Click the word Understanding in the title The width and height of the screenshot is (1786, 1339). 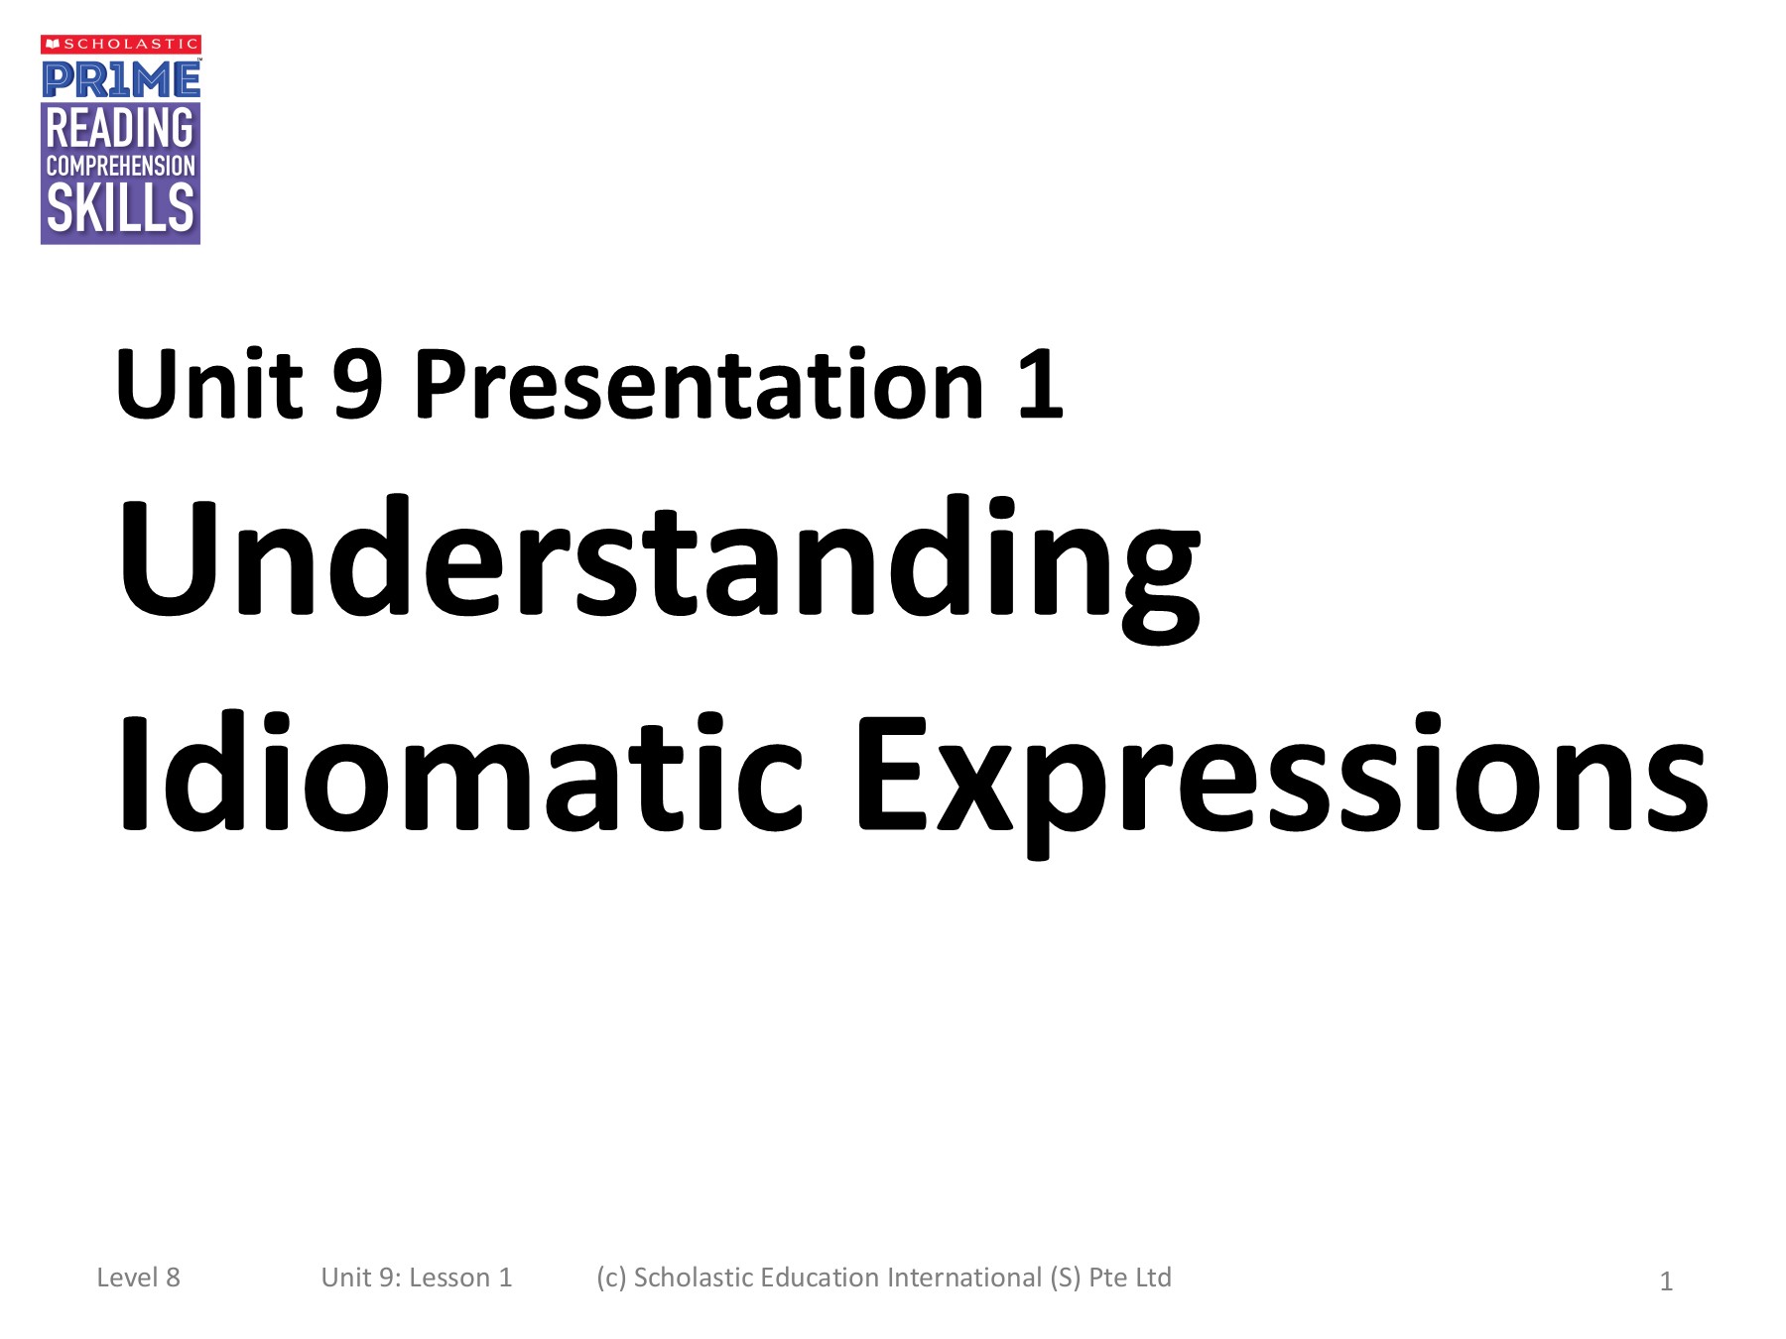tap(660, 568)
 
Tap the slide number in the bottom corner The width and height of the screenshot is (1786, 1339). tap(1666, 1281)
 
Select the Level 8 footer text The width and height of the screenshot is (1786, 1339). tap(138, 1278)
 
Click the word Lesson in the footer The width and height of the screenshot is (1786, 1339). tap(449, 1278)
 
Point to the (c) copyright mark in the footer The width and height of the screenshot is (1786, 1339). tap(611, 1278)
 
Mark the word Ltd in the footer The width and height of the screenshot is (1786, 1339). tap(1153, 1278)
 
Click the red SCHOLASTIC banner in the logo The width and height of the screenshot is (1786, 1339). tap(121, 44)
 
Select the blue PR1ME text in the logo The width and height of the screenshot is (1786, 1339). tap(121, 79)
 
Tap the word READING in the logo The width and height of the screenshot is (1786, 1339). tap(120, 128)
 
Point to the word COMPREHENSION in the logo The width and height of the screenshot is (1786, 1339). tap(120, 166)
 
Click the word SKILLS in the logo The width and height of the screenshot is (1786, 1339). tap(120, 208)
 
